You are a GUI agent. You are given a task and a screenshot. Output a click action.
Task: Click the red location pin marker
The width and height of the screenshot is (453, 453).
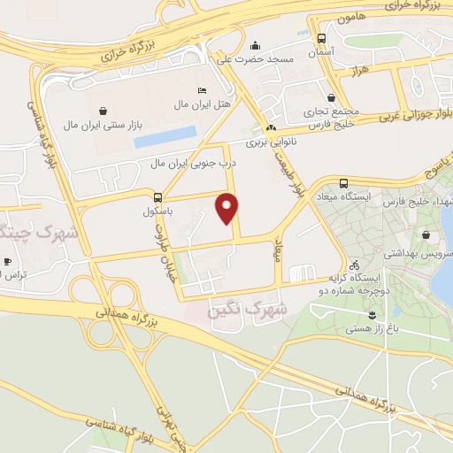(228, 208)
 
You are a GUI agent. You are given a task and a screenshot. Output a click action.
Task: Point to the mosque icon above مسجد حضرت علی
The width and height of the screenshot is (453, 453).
(256, 45)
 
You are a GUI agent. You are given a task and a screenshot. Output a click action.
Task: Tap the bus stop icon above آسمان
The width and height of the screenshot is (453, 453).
(320, 39)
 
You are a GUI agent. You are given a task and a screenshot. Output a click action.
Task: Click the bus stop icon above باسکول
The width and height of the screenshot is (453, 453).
(157, 198)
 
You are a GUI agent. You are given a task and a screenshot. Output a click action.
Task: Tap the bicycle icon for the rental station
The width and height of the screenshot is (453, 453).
(354, 265)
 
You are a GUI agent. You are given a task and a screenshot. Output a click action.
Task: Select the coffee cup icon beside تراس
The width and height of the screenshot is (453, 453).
(7, 262)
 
